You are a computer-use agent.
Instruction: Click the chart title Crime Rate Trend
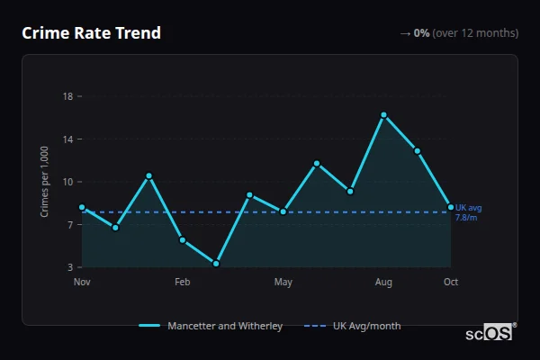tap(91, 33)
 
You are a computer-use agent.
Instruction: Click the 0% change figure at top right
tap(421, 33)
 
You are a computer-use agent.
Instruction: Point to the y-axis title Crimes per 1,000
tap(45, 181)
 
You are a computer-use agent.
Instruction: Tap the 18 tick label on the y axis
tap(67, 96)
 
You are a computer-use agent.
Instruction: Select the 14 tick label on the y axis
tap(67, 139)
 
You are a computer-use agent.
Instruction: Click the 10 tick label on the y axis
tap(67, 182)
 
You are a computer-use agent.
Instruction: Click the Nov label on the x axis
tap(82, 283)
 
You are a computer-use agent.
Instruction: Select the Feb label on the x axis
tap(183, 283)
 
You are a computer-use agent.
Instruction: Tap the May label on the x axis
tap(283, 283)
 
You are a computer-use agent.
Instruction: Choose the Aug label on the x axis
tap(383, 283)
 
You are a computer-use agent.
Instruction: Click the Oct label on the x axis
tap(451, 283)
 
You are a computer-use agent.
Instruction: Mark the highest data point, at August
tap(383, 115)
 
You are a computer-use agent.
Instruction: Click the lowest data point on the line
tap(216, 264)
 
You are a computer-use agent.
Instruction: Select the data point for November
tap(82, 207)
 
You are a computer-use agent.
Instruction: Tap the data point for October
tap(451, 207)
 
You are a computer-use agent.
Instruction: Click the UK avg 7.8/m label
tap(467, 212)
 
